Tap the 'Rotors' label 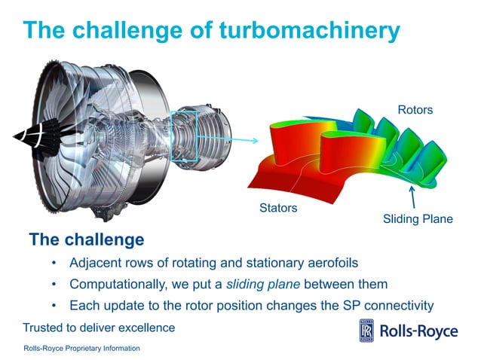(415, 111)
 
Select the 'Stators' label (278, 207)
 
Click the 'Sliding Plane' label (418, 219)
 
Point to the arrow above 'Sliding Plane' (412, 197)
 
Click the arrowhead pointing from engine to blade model (254, 140)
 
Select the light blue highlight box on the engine (183, 136)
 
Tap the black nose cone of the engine (28, 136)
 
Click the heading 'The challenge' (86, 240)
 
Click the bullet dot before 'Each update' (54, 306)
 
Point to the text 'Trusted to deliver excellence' (99, 328)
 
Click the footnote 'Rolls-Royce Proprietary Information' (81, 349)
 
